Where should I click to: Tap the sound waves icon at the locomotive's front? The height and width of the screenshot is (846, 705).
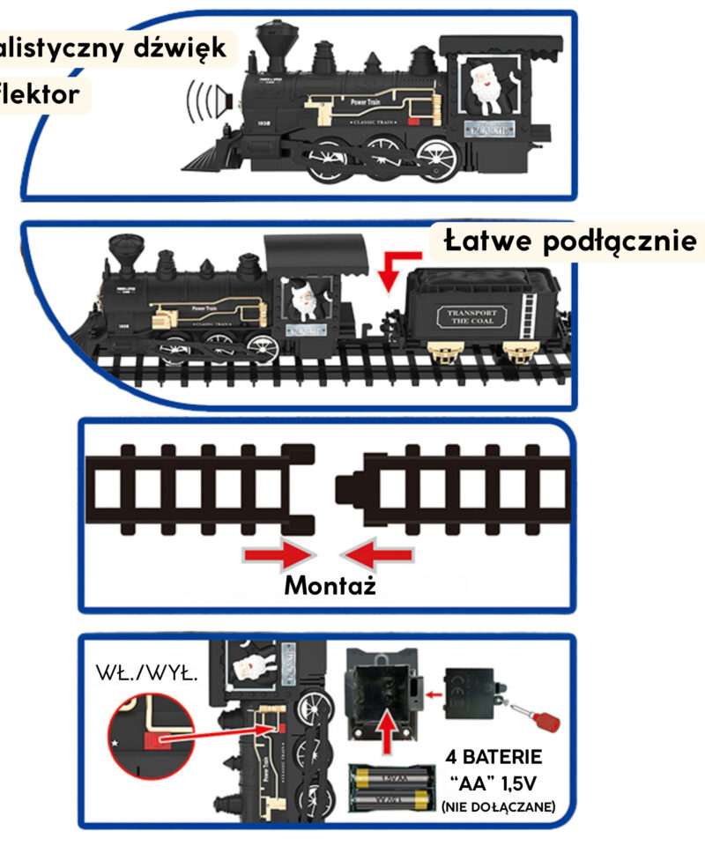pos(205,102)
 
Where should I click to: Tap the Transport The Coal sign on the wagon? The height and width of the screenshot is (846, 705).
pos(472,317)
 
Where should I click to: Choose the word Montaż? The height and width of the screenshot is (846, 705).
pos(330,585)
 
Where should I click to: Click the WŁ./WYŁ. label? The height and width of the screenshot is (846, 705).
pos(145,675)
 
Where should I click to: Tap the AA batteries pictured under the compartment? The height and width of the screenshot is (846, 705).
pos(394,787)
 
